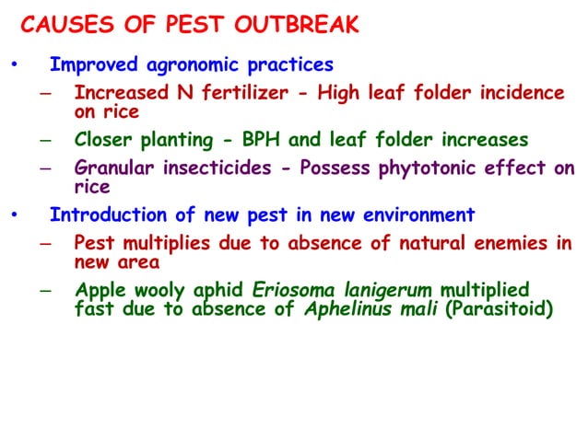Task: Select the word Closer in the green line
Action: (x=104, y=140)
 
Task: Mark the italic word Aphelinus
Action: (x=350, y=309)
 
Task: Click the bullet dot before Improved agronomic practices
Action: (x=13, y=66)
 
